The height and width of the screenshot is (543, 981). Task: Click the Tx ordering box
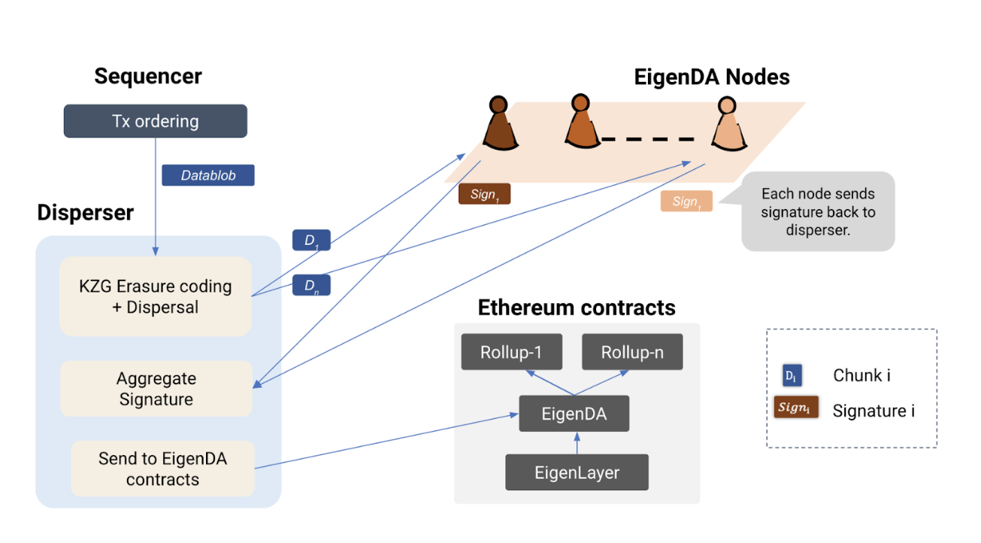[156, 121]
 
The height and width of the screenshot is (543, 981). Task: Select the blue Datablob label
[208, 175]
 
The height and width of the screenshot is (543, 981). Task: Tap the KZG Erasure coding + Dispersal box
[156, 296]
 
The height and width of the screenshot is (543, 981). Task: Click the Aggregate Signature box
[156, 388]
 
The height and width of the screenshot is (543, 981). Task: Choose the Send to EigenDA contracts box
[162, 469]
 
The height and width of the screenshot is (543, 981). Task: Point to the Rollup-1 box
[511, 352]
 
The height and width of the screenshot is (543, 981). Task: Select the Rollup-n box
[632, 352]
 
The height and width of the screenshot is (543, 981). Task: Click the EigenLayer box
[577, 472]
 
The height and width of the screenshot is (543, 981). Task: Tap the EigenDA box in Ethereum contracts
[574, 413]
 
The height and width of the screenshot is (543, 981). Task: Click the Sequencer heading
[148, 76]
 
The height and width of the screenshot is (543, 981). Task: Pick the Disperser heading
[85, 213]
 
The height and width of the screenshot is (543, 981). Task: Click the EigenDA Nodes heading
[711, 77]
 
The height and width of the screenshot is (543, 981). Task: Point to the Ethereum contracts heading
[577, 308]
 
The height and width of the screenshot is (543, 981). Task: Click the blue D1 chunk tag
[310, 241]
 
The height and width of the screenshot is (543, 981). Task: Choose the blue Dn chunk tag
[310, 286]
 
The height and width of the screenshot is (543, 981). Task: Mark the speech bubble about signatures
[817, 211]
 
